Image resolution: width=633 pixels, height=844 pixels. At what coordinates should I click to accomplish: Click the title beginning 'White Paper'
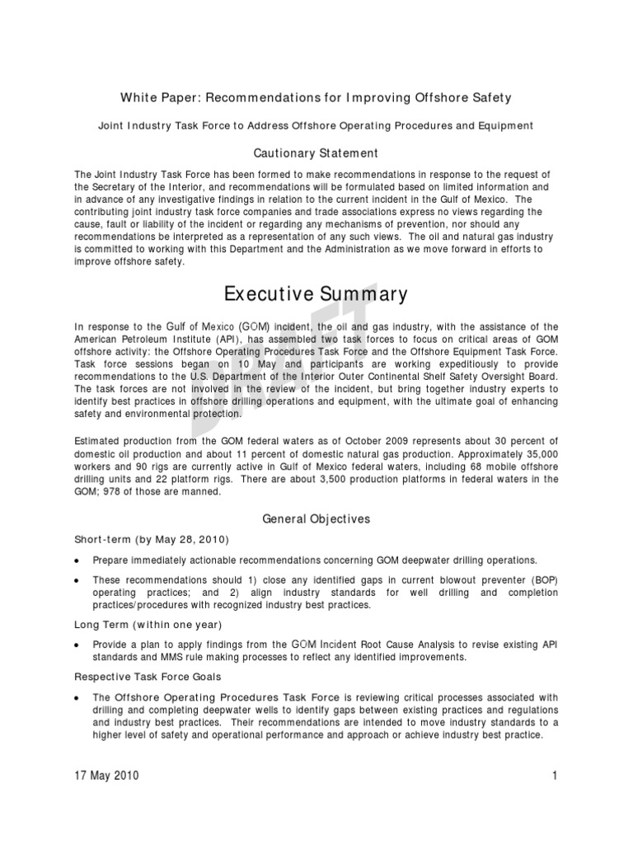(x=316, y=98)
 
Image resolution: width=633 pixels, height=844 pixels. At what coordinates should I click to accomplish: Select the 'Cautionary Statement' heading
(x=316, y=153)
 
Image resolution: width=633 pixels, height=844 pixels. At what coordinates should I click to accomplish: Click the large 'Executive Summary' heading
(x=316, y=294)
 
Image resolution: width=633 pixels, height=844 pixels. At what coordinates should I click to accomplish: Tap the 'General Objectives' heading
(x=316, y=519)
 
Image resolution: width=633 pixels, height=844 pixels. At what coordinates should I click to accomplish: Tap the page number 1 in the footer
(x=556, y=776)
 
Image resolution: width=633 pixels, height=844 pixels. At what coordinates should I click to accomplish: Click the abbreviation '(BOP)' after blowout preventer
(x=542, y=579)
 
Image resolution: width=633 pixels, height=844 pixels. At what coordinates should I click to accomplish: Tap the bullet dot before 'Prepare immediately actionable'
(x=77, y=560)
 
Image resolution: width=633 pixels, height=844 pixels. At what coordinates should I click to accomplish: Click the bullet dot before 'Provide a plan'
(x=77, y=645)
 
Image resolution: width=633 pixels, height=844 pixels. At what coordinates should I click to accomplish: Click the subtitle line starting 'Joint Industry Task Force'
(x=316, y=125)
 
